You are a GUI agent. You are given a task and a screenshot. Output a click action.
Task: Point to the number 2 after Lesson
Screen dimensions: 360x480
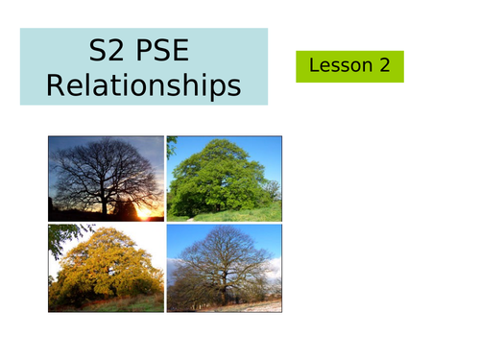point(384,66)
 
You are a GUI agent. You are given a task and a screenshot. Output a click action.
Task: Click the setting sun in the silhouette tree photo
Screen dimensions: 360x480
point(147,213)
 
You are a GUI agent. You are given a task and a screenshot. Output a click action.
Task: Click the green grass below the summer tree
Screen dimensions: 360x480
point(230,214)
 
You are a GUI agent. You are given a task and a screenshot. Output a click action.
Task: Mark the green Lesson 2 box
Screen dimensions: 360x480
point(349,66)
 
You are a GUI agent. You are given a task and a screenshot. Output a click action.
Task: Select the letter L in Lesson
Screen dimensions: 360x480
point(314,66)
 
